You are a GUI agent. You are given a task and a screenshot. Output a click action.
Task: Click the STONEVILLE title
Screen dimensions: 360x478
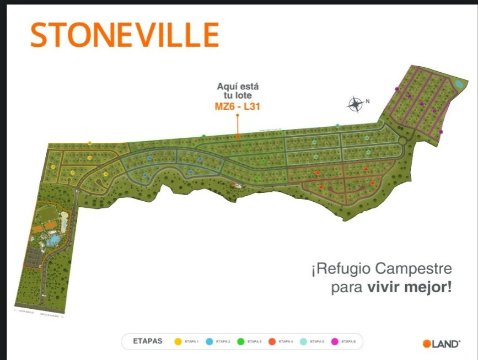pos(125,35)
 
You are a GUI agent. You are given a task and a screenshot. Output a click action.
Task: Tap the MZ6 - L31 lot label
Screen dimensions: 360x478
pos(237,107)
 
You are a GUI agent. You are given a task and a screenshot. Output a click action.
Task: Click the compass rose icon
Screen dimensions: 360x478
pos(356,103)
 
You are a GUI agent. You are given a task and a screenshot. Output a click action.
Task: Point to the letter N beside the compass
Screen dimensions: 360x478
pos(368,101)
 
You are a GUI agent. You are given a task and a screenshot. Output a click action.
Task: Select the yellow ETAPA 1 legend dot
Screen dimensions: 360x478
pos(178,342)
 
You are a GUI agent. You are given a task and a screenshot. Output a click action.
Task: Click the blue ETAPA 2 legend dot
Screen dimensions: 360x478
pos(210,342)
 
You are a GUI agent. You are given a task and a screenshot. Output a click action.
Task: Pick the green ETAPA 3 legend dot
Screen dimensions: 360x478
pos(240,342)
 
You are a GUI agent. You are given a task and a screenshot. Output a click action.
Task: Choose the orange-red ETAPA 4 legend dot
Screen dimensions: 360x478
pos(272,342)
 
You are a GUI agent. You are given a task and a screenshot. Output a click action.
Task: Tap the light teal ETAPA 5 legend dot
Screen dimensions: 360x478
pos(303,342)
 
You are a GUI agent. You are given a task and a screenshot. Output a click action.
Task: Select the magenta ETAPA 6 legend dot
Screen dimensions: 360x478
pos(334,342)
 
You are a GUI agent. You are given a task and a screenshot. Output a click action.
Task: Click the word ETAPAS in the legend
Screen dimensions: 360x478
pos(148,342)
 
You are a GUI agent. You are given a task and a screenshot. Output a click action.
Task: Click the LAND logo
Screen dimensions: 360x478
pos(441,344)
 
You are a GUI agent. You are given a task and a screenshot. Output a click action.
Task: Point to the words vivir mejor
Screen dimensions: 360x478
pos(409,288)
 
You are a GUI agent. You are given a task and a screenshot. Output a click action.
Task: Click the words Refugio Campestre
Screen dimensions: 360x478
pos(384,270)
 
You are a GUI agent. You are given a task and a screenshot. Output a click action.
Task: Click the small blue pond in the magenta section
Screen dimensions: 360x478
pos(458,84)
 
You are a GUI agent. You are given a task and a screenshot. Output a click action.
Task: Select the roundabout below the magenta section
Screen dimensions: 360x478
pos(402,141)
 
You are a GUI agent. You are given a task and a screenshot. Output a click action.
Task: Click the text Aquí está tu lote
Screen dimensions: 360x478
pos(238,91)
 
